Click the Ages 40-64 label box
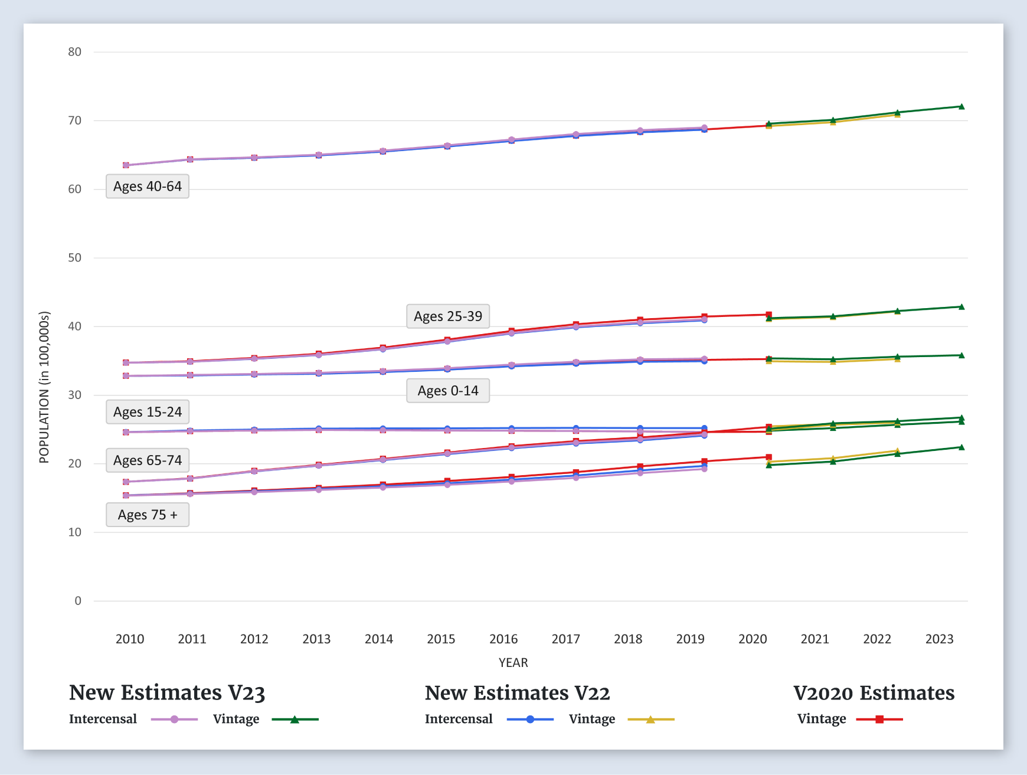(148, 187)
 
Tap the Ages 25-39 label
(448, 316)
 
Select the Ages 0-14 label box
(448, 391)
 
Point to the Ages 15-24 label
(148, 412)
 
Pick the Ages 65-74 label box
(148, 460)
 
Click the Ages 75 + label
(148, 515)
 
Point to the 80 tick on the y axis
(75, 52)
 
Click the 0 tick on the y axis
(78, 601)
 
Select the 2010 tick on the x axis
(130, 639)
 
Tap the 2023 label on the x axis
(940, 639)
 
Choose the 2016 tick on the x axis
(503, 639)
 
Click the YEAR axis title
(513, 662)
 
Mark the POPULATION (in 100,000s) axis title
(44, 387)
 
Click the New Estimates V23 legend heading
(167, 693)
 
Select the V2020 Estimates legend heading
(874, 693)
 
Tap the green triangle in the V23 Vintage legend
(295, 720)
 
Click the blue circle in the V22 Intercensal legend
(530, 720)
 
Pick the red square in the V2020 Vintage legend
(879, 720)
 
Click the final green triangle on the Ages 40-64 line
(961, 107)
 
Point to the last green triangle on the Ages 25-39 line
(961, 307)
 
